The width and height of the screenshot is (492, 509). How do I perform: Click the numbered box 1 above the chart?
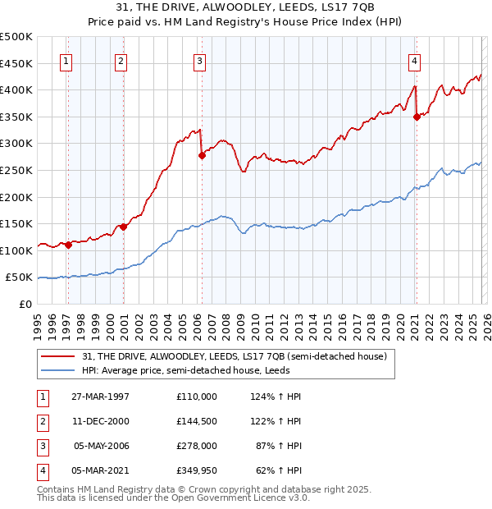pos(66,60)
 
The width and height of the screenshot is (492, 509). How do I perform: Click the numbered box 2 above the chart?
pos(121,60)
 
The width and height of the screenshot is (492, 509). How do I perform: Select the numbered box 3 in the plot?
pos(199,60)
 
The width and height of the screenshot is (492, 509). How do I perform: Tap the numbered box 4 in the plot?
pos(415,60)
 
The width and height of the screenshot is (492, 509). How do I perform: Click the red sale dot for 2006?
pos(202,154)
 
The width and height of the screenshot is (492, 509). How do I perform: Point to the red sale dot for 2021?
pos(417,117)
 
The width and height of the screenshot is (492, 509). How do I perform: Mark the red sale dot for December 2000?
pos(124,227)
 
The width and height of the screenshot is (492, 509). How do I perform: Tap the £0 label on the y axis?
pos(25,305)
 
